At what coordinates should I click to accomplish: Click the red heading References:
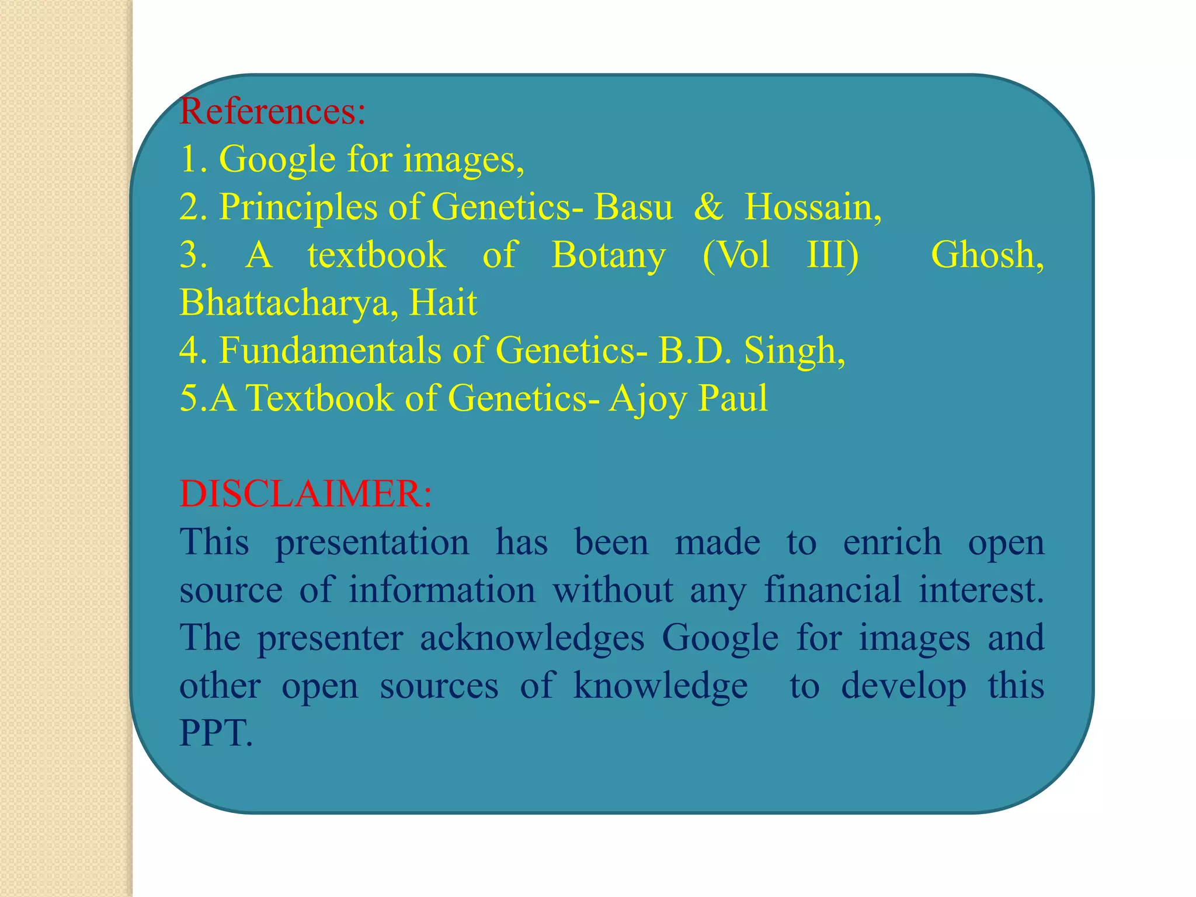click(x=272, y=111)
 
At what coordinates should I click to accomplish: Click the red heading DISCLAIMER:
click(x=305, y=494)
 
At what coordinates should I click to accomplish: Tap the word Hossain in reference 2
click(x=812, y=207)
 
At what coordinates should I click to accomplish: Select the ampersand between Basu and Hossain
click(x=708, y=207)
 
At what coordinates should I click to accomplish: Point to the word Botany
click(x=608, y=255)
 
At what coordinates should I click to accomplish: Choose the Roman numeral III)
click(x=832, y=255)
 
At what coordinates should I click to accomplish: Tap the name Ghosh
click(x=986, y=255)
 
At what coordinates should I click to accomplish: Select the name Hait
click(x=443, y=303)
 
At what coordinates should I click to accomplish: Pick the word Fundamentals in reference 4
click(x=330, y=351)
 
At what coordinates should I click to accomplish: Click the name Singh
click(x=794, y=351)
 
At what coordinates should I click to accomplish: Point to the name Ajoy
click(x=648, y=399)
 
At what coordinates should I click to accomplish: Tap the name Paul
click(x=733, y=399)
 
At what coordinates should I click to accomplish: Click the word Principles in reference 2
click(x=298, y=207)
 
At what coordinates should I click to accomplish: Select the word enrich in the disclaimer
click(x=892, y=543)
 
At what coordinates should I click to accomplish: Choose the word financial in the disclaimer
click(x=833, y=590)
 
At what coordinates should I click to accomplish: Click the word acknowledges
click(x=532, y=638)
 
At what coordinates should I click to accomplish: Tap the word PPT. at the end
click(x=216, y=733)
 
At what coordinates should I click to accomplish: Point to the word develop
click(x=903, y=686)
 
